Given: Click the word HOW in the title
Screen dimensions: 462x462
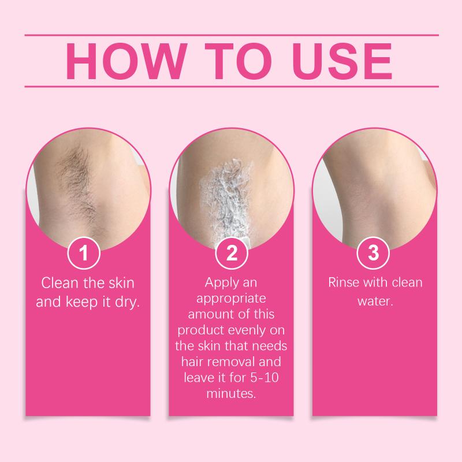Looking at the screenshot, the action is click(x=126, y=61).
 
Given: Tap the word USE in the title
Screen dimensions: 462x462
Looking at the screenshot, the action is click(x=342, y=61).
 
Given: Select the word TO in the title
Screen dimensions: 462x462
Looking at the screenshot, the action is click(x=238, y=61).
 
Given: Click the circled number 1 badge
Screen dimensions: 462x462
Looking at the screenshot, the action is click(x=84, y=253).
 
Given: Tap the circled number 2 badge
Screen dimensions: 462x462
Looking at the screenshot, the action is click(x=232, y=253).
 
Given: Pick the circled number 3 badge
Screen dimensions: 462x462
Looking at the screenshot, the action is click(x=373, y=253).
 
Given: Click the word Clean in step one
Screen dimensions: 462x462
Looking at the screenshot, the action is click(x=60, y=283).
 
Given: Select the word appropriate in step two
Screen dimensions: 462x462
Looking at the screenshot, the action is click(x=231, y=299).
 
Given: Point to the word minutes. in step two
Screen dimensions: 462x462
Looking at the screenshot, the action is click(x=231, y=394).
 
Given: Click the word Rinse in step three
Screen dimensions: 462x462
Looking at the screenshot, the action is click(x=344, y=282).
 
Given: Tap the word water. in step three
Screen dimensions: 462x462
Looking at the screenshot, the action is click(x=375, y=301).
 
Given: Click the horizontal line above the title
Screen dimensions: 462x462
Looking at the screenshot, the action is click(x=232, y=35).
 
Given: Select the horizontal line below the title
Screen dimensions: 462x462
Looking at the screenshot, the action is click(x=232, y=87).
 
